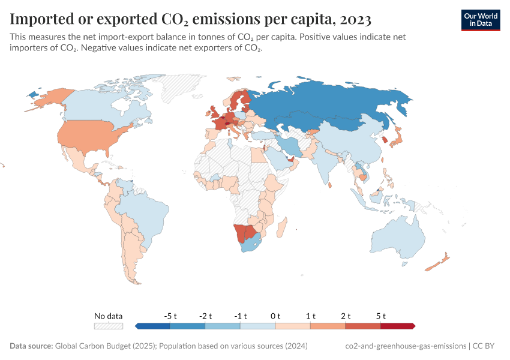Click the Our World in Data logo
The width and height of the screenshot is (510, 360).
(x=480, y=19)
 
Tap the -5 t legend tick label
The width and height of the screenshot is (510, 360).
(x=170, y=316)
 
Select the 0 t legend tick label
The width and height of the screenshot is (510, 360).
(x=275, y=316)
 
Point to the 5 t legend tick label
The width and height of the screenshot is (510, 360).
(x=380, y=316)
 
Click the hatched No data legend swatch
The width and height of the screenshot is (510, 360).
(x=109, y=326)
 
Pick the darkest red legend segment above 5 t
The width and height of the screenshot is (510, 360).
(x=397, y=326)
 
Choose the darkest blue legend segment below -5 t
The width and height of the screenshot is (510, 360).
(x=153, y=326)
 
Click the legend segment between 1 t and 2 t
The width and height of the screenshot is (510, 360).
(x=328, y=326)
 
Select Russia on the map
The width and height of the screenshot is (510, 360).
(x=336, y=105)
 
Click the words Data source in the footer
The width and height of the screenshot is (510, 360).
(x=31, y=346)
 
